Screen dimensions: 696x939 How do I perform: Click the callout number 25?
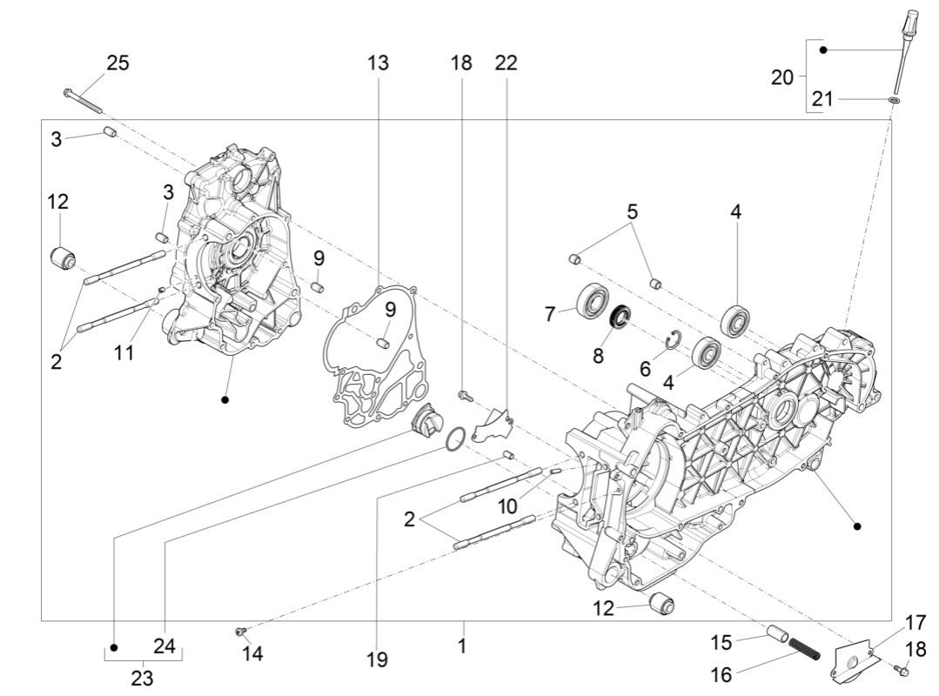117,63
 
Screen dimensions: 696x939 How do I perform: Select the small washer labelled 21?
894,101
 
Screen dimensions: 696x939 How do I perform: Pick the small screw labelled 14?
241,630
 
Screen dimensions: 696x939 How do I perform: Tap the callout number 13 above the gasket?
378,63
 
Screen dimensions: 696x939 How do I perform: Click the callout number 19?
376,660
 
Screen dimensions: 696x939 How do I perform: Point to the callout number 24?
164,646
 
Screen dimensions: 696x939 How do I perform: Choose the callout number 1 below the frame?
462,647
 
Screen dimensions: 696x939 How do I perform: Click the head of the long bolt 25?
68,90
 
